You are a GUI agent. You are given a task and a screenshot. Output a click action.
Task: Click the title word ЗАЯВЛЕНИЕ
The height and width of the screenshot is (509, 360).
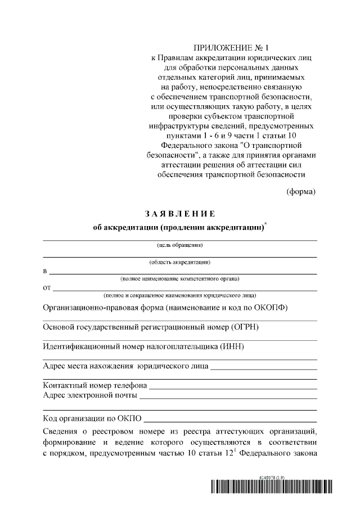point(180,214)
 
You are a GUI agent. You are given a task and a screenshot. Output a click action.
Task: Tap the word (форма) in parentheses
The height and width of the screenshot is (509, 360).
point(301,191)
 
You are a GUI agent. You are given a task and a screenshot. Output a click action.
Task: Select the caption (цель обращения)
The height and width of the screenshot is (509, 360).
point(180,245)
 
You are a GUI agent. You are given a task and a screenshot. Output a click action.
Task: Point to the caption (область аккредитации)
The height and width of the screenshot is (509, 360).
point(180,262)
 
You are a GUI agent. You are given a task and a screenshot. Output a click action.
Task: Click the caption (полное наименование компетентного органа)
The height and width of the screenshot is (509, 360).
point(180,278)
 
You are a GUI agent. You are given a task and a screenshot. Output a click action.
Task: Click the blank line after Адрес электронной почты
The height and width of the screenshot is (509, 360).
point(228,397)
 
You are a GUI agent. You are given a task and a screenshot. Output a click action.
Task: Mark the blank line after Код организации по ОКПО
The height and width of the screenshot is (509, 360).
point(230,421)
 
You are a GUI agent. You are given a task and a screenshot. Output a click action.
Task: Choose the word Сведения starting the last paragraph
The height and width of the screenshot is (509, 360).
point(61,431)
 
